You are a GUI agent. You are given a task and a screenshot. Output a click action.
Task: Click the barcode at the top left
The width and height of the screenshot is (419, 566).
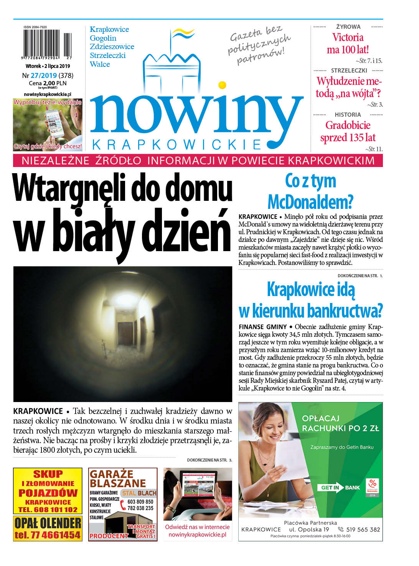[x=47, y=44]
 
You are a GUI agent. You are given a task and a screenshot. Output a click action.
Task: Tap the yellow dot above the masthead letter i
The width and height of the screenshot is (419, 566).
[x=222, y=85]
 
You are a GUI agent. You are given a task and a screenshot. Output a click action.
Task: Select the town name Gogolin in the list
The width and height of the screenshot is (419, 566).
[x=103, y=38]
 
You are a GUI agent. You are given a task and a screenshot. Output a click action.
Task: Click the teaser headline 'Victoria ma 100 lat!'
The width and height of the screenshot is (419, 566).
[x=348, y=43]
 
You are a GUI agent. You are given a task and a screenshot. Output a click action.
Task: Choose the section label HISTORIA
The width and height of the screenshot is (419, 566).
[x=348, y=114]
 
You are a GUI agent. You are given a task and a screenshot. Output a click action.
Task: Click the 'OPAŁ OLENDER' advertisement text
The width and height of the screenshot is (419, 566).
[x=48, y=523]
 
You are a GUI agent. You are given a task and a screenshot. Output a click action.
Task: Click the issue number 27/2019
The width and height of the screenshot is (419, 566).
[x=44, y=76]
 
